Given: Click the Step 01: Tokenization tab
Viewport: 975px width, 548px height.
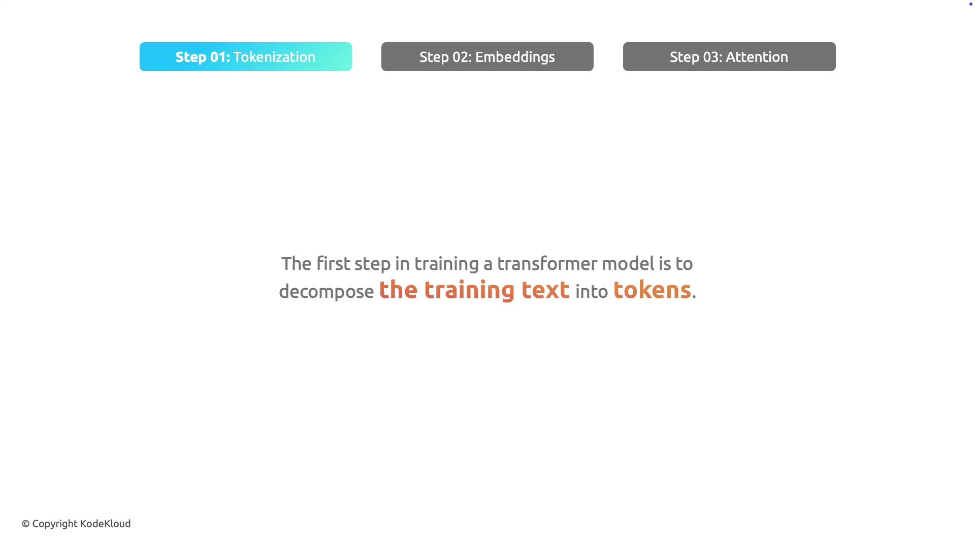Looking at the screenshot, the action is click(x=246, y=56).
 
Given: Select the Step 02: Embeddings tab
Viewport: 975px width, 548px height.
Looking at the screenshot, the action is click(x=487, y=56).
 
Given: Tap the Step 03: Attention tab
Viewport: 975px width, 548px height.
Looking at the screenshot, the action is click(x=729, y=56).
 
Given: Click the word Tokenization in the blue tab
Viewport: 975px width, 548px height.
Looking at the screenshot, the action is click(x=274, y=57).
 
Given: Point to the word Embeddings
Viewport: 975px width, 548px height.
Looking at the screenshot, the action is click(x=515, y=57).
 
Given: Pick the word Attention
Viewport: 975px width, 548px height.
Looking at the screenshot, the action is click(x=757, y=57).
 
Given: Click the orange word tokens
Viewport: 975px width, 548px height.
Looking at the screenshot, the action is click(x=652, y=290).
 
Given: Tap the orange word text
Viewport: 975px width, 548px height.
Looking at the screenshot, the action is click(x=545, y=290).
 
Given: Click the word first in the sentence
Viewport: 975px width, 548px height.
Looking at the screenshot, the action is click(x=333, y=263).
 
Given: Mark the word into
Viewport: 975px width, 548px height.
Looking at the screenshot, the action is click(x=592, y=292).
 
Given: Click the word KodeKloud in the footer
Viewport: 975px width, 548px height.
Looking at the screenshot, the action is click(x=105, y=524).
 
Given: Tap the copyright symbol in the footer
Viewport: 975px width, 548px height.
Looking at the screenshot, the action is click(x=26, y=524).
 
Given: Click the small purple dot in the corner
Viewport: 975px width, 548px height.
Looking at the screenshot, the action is click(x=971, y=4).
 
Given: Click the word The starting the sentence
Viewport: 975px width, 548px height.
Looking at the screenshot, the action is click(x=296, y=263).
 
